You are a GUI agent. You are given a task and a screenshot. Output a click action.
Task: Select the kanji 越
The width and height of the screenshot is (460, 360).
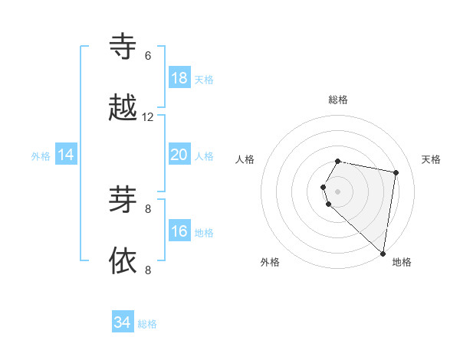pos(123,108)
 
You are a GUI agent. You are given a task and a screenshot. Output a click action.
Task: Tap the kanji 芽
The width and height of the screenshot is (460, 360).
pos(123,200)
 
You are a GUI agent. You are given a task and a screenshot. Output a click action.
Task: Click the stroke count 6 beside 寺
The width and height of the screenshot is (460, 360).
pos(148,56)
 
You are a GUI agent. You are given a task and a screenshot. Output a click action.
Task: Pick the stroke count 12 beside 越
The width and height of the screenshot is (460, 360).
pos(148,117)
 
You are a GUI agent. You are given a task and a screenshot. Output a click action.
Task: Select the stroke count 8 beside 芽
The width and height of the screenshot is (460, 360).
pos(148,208)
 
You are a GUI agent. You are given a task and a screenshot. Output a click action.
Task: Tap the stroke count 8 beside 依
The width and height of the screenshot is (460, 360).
pos(148,270)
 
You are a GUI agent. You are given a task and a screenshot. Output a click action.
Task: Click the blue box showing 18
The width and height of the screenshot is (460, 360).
pos(179,78)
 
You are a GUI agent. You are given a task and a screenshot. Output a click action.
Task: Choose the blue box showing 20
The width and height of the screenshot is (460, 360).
pos(179,155)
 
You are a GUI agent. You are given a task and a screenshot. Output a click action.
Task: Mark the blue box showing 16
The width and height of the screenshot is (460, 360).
pos(179,231)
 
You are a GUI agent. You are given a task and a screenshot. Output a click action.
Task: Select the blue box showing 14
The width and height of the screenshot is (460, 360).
pos(66,155)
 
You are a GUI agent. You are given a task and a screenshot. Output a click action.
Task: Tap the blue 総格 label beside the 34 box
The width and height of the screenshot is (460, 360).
pos(147,324)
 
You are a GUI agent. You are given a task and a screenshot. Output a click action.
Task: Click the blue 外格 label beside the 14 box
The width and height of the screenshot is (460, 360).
pos(41,156)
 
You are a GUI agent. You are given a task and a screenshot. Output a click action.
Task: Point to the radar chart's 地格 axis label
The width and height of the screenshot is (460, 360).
pos(402,263)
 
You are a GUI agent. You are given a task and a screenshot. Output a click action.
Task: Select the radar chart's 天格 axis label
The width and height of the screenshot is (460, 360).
pos(431,159)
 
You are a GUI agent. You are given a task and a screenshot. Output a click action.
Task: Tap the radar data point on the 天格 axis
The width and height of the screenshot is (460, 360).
pos(396,172)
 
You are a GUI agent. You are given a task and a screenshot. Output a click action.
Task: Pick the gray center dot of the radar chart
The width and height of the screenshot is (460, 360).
pos(338,191)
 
